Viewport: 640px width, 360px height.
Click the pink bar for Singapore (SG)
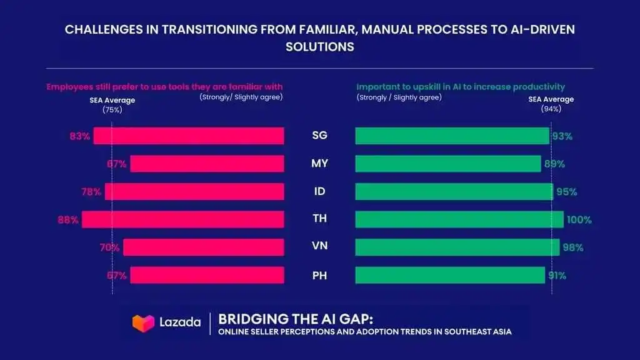189,136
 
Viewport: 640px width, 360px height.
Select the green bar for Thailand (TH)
459,219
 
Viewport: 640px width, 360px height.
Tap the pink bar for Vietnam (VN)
204,247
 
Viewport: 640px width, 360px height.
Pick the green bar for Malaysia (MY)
448,164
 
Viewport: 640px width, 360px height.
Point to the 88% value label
67,220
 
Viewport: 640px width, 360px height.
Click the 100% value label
579,220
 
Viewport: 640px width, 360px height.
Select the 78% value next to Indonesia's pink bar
91,192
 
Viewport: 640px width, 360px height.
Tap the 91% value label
557,276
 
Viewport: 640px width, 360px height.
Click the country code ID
319,191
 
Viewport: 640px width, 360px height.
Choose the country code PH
319,276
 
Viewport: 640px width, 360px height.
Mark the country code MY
319,164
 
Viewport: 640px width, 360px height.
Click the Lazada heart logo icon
143,323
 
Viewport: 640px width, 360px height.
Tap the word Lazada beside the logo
180,322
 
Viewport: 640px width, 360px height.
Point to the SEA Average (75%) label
112,105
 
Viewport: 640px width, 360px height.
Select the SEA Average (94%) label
551,104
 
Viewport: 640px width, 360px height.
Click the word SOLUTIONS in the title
320,47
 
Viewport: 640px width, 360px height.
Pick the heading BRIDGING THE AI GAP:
296,319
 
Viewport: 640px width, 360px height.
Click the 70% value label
110,247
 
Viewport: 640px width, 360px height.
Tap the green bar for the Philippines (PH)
450,275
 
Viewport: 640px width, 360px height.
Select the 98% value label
573,247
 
